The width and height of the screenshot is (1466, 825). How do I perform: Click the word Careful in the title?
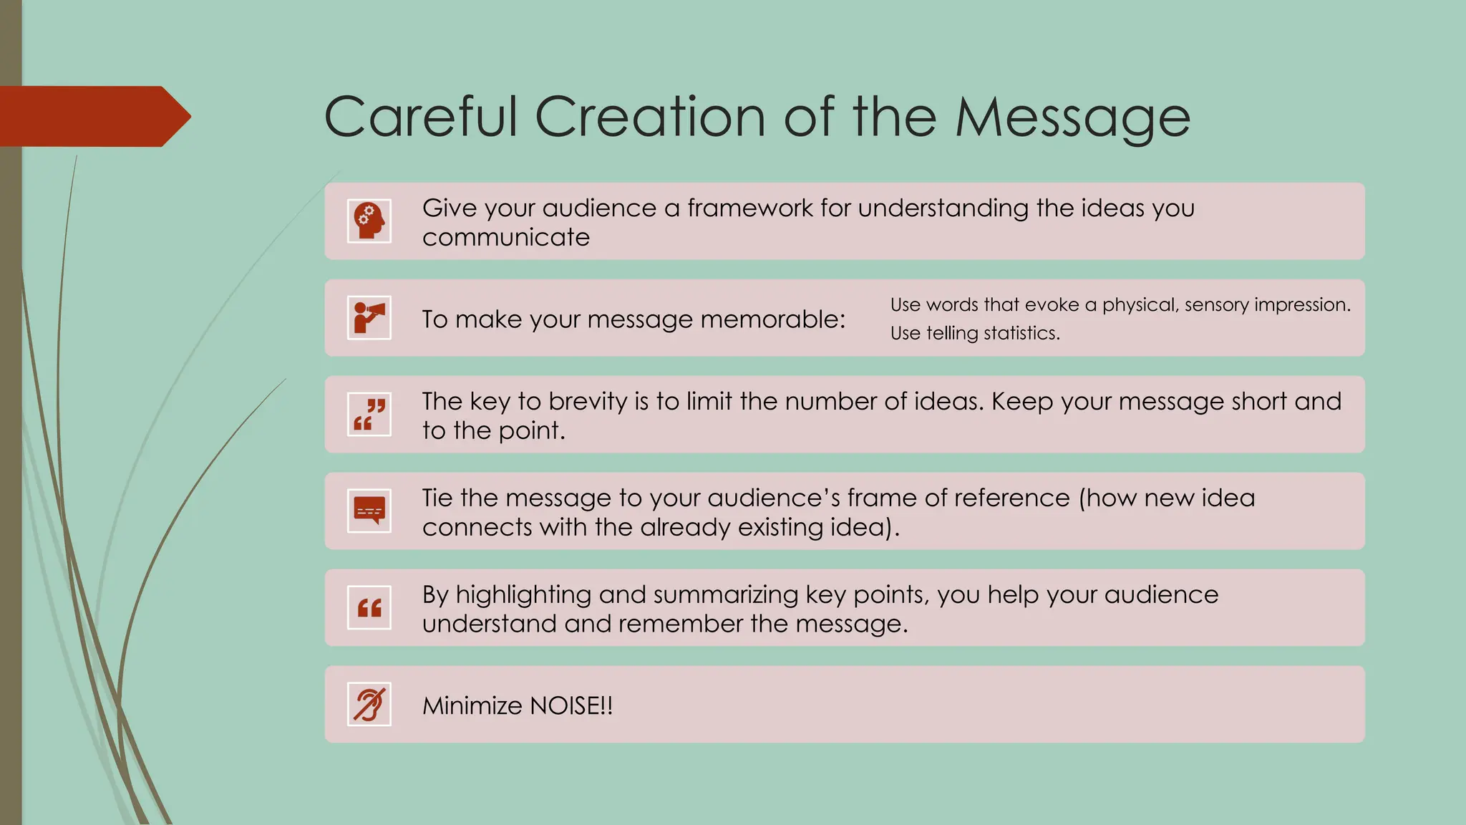[x=420, y=117]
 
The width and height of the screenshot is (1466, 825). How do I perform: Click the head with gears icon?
[x=369, y=221]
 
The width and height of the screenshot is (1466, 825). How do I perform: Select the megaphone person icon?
[x=369, y=318]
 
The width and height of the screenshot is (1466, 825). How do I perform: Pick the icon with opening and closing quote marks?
[x=369, y=415]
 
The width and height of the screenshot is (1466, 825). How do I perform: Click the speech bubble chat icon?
[x=369, y=511]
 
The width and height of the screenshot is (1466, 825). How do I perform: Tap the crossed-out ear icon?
[x=369, y=705]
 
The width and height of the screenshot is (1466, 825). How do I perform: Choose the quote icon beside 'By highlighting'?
[x=369, y=608]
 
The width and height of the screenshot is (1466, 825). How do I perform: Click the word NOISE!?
[x=571, y=706]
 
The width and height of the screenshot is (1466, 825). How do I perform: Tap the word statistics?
[x=1021, y=334]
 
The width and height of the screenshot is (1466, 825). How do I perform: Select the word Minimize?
[x=472, y=706]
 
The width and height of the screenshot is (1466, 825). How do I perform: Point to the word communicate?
[x=506, y=238]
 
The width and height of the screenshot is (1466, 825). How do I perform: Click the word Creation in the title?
[x=650, y=117]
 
